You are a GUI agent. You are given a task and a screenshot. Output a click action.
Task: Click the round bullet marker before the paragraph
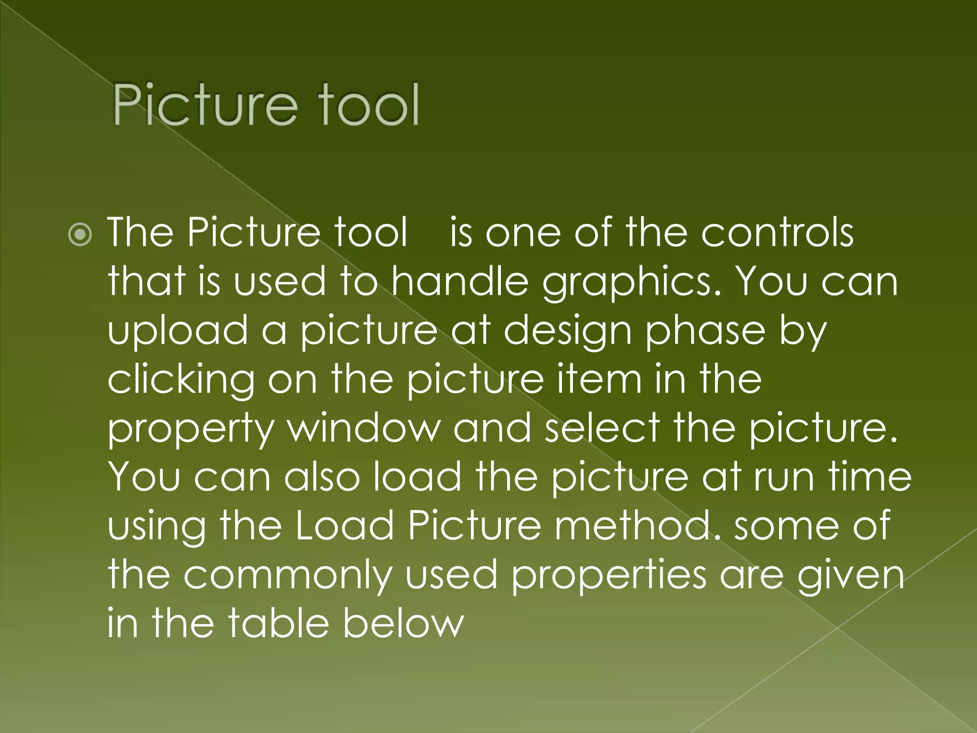[80, 234]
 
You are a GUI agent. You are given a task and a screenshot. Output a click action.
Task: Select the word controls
[777, 232]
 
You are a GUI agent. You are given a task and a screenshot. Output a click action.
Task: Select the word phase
[705, 331]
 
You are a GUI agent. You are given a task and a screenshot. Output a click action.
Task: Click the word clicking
[182, 380]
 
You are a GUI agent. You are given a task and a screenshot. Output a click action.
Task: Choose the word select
[603, 428]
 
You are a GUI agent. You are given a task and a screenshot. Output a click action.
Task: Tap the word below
[403, 623]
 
